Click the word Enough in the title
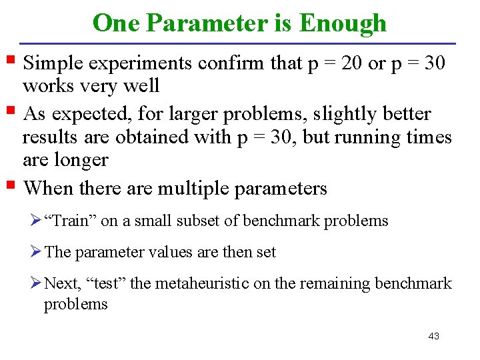coord(343,23)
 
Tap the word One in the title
coord(117,23)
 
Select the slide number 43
coord(433,336)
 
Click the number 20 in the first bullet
coord(350,63)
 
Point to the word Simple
coord(55,63)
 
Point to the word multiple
coord(193,189)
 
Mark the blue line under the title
coord(240,43)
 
